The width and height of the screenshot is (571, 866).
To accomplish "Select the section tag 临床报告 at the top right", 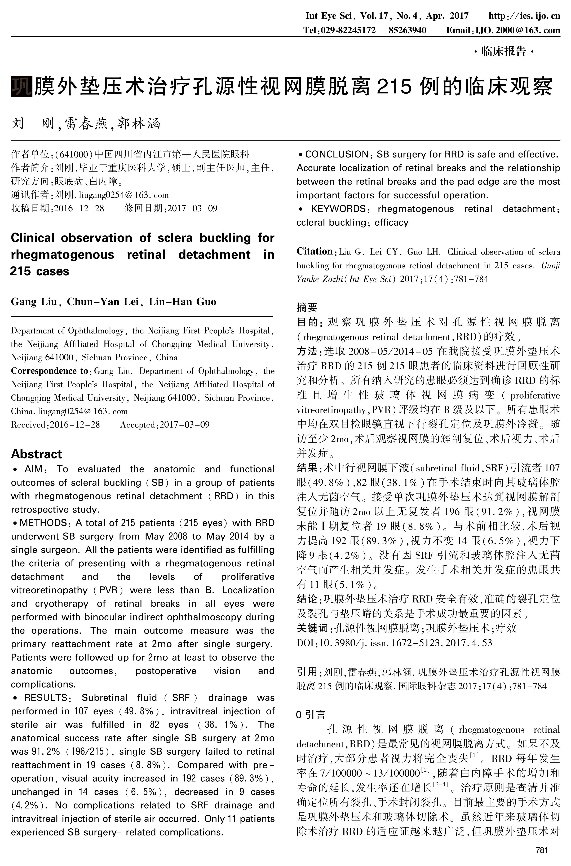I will coord(504,51).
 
